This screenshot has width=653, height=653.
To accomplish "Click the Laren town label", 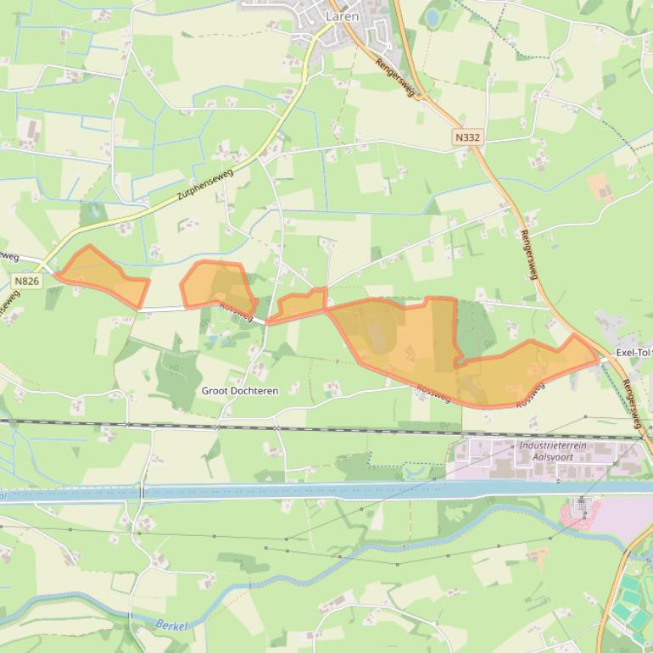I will [342, 16].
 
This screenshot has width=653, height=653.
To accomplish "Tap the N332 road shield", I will [466, 137].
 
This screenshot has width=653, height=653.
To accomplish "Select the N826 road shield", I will [26, 280].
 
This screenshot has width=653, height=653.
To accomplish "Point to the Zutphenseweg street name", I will [205, 182].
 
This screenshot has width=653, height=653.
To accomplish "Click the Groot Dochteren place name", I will [240, 391].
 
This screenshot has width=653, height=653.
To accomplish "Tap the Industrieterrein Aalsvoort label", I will [558, 450].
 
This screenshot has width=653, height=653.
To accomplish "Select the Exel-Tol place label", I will [634, 352].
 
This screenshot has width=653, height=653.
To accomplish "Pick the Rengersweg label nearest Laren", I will [396, 78].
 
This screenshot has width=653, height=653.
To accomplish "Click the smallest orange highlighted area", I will [299, 305].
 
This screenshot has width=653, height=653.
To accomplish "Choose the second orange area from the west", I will [218, 287].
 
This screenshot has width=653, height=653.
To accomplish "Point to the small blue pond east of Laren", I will [433, 17].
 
